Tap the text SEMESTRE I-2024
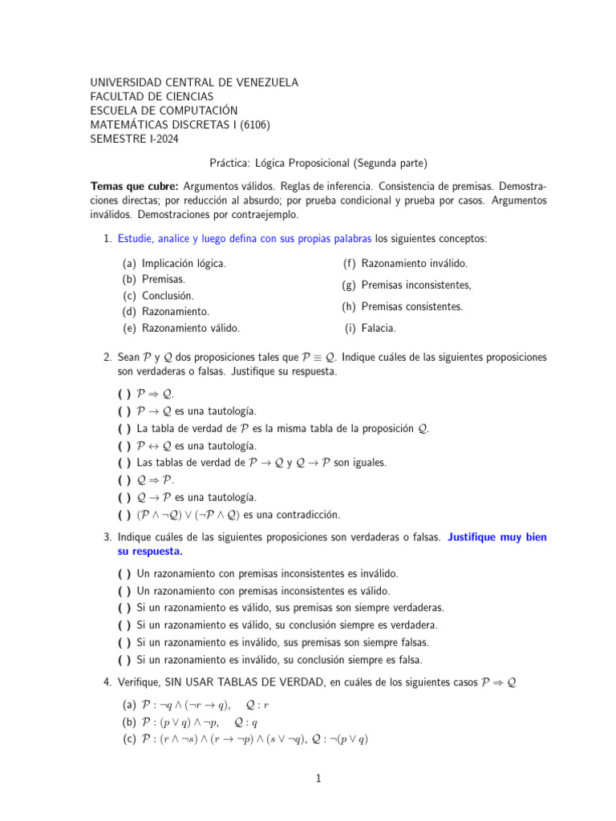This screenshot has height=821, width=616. [135, 139]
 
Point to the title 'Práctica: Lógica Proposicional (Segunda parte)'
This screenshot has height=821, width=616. [318, 162]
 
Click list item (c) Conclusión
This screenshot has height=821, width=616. [168, 296]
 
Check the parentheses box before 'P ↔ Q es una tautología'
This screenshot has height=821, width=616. [124, 446]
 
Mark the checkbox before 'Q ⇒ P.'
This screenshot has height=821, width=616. [124, 480]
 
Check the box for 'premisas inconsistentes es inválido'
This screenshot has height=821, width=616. [124, 574]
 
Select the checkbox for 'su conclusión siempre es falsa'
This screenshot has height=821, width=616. [124, 660]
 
